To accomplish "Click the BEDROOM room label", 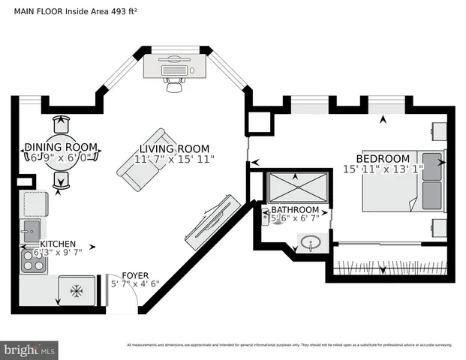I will (383, 158).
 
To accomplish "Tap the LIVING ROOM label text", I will (174, 148).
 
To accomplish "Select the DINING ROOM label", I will (61, 146).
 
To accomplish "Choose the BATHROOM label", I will (295, 209).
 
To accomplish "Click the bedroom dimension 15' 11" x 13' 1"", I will (383, 170).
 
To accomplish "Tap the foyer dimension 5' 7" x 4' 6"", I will (135, 284).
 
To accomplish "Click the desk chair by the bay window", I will (175, 85).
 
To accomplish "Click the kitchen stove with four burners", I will (33, 259).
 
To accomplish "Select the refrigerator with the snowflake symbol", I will (77, 291).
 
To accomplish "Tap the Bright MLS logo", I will (29, 349).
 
